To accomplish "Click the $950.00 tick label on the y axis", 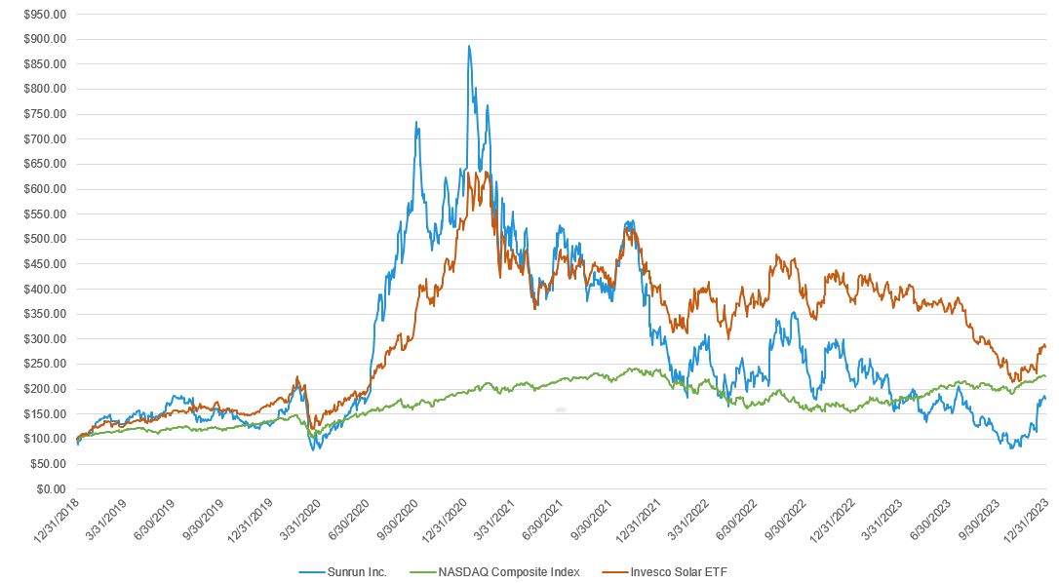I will (x=46, y=15).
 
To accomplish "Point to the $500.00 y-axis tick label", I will (x=46, y=239).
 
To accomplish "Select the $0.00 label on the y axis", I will (x=50, y=488).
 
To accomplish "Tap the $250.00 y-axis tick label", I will (x=46, y=364).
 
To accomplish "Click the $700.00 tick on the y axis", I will (x=46, y=139).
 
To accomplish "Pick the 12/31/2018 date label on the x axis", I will (x=57, y=523).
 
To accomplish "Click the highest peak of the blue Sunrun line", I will (x=469, y=46).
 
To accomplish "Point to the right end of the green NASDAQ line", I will (x=1045, y=375).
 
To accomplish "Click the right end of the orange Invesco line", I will (x=1045, y=345).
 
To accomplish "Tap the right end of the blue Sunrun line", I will (x=1045, y=396).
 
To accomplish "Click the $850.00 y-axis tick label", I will (x=46, y=64).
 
